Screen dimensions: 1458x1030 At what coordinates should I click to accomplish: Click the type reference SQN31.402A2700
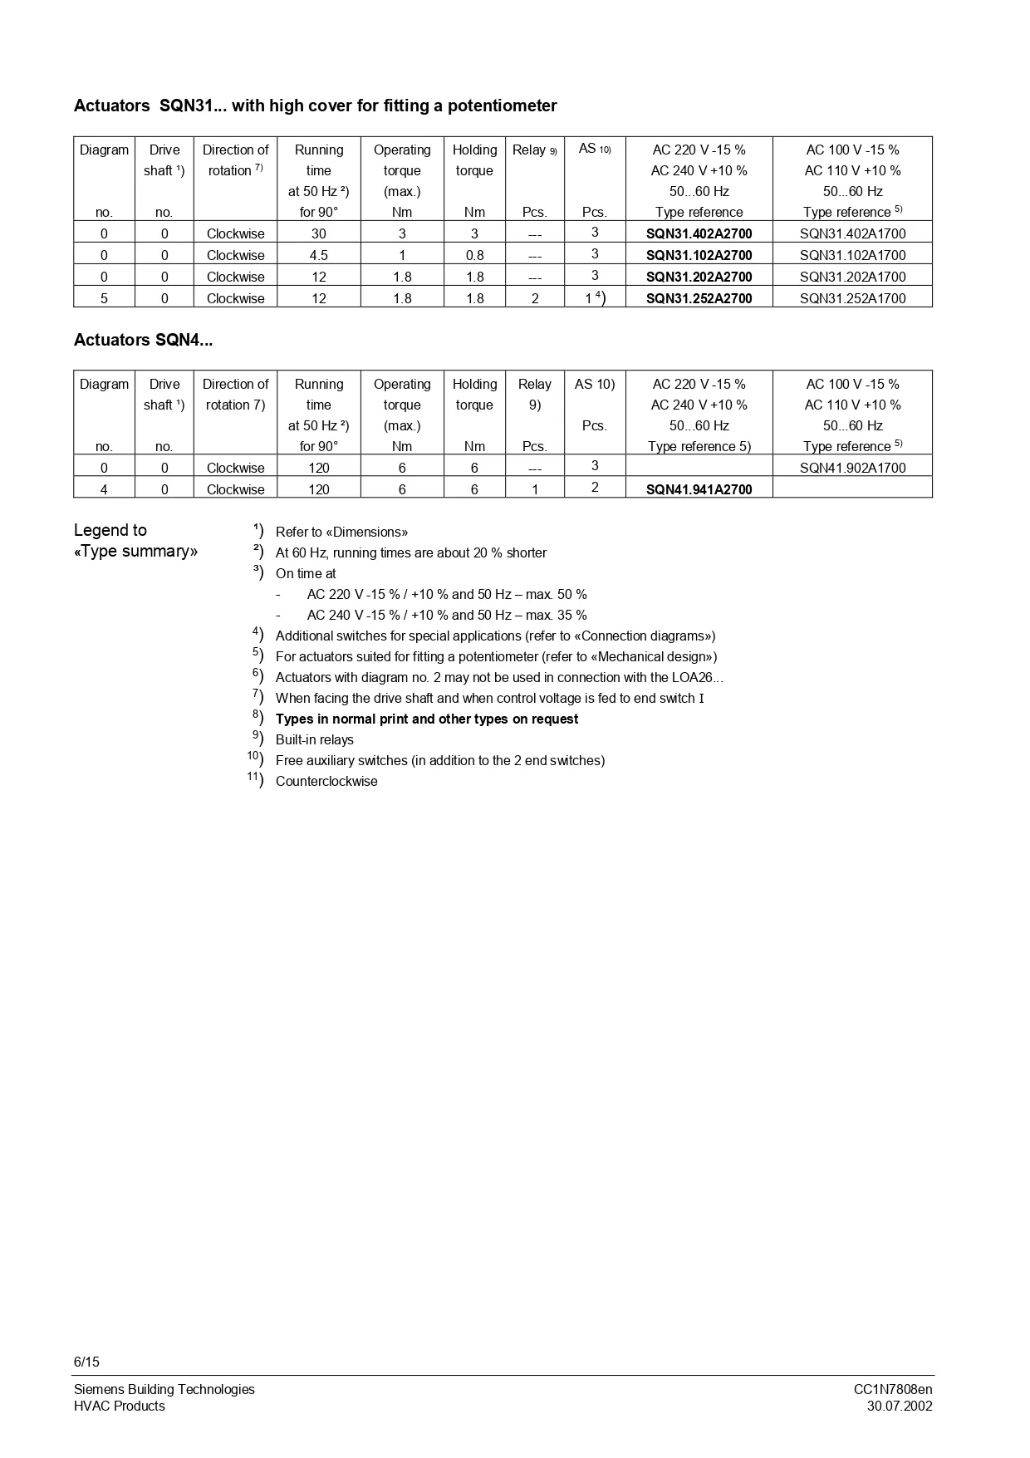pos(699,233)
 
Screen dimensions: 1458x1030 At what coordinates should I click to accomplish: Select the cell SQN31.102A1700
pos(852,255)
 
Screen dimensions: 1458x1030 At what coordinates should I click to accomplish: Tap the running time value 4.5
pos(318,255)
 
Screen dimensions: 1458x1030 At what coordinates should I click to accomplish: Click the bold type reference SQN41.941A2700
pos(699,489)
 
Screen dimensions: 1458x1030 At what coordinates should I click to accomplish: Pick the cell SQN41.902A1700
pos(852,468)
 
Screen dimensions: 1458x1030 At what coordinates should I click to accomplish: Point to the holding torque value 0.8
pos(474,255)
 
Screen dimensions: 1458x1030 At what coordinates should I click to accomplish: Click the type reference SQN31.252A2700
pos(699,298)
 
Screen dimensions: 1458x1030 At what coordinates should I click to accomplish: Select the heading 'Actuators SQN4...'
pos(143,340)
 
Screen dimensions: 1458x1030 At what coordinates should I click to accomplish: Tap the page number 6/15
pos(86,1362)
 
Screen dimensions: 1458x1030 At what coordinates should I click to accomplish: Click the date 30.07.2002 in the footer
pos(900,1406)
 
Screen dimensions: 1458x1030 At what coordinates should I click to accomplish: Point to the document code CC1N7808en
pos(893,1389)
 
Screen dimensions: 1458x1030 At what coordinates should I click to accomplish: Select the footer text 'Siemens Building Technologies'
pos(164,1389)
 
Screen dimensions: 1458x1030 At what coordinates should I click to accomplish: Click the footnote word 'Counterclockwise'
pos(326,781)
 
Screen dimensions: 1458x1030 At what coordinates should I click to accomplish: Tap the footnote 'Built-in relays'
pos(315,739)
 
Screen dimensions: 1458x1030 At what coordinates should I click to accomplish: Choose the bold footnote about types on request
pos(427,719)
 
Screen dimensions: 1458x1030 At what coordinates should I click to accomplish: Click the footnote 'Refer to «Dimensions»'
pos(341,532)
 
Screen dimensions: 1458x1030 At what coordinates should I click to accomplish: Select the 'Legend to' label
pos(110,530)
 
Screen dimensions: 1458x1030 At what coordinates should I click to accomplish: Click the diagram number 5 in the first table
pos(104,298)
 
